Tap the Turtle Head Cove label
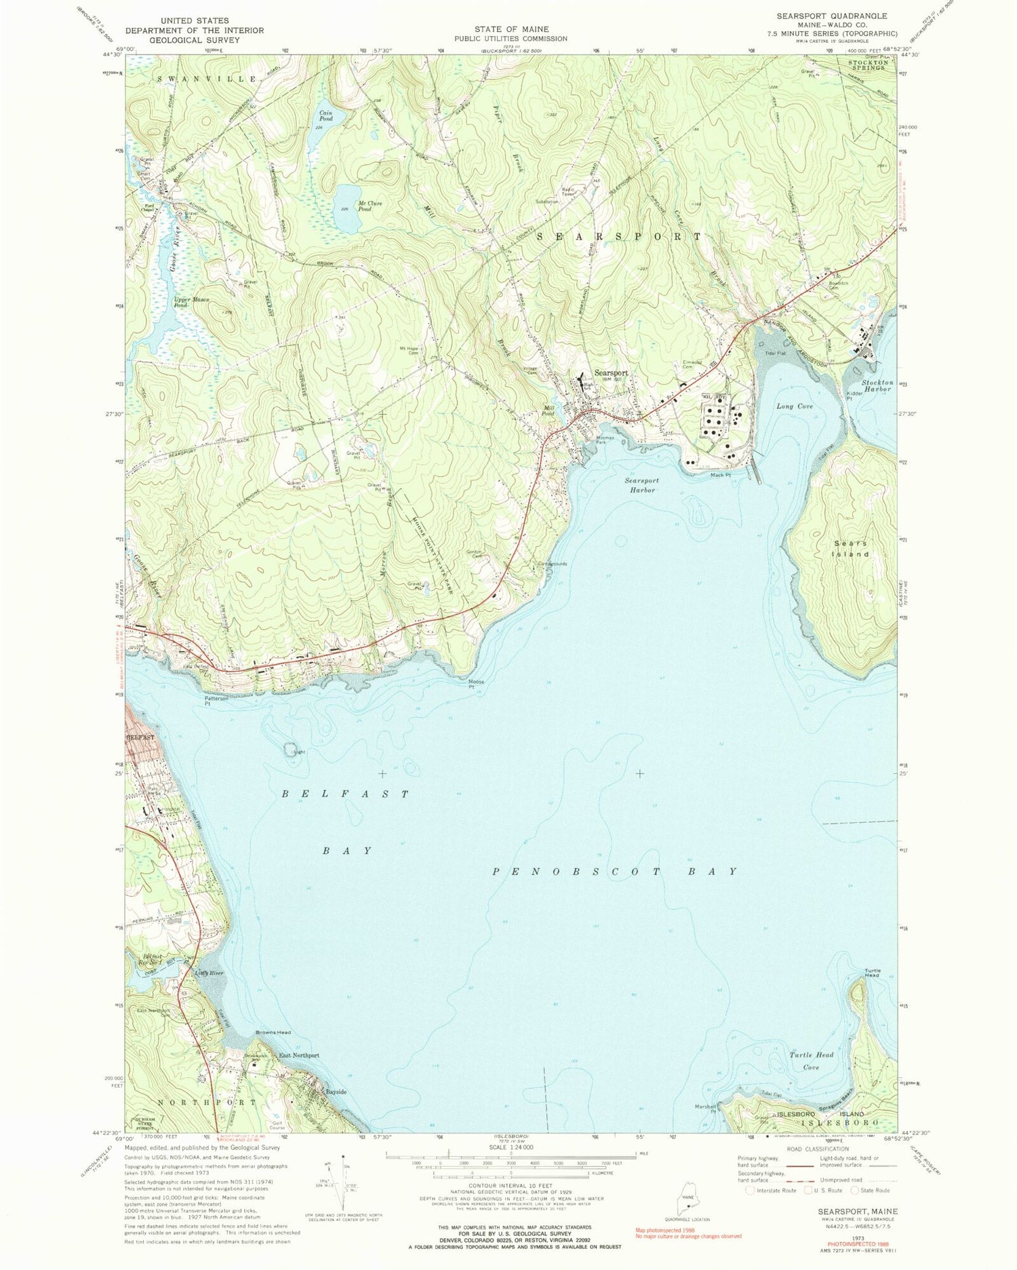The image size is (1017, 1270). pos(811,1061)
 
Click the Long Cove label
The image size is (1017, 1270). pos(795,406)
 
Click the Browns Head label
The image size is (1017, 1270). pos(273,1033)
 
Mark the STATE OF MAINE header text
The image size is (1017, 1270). pos(511,30)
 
